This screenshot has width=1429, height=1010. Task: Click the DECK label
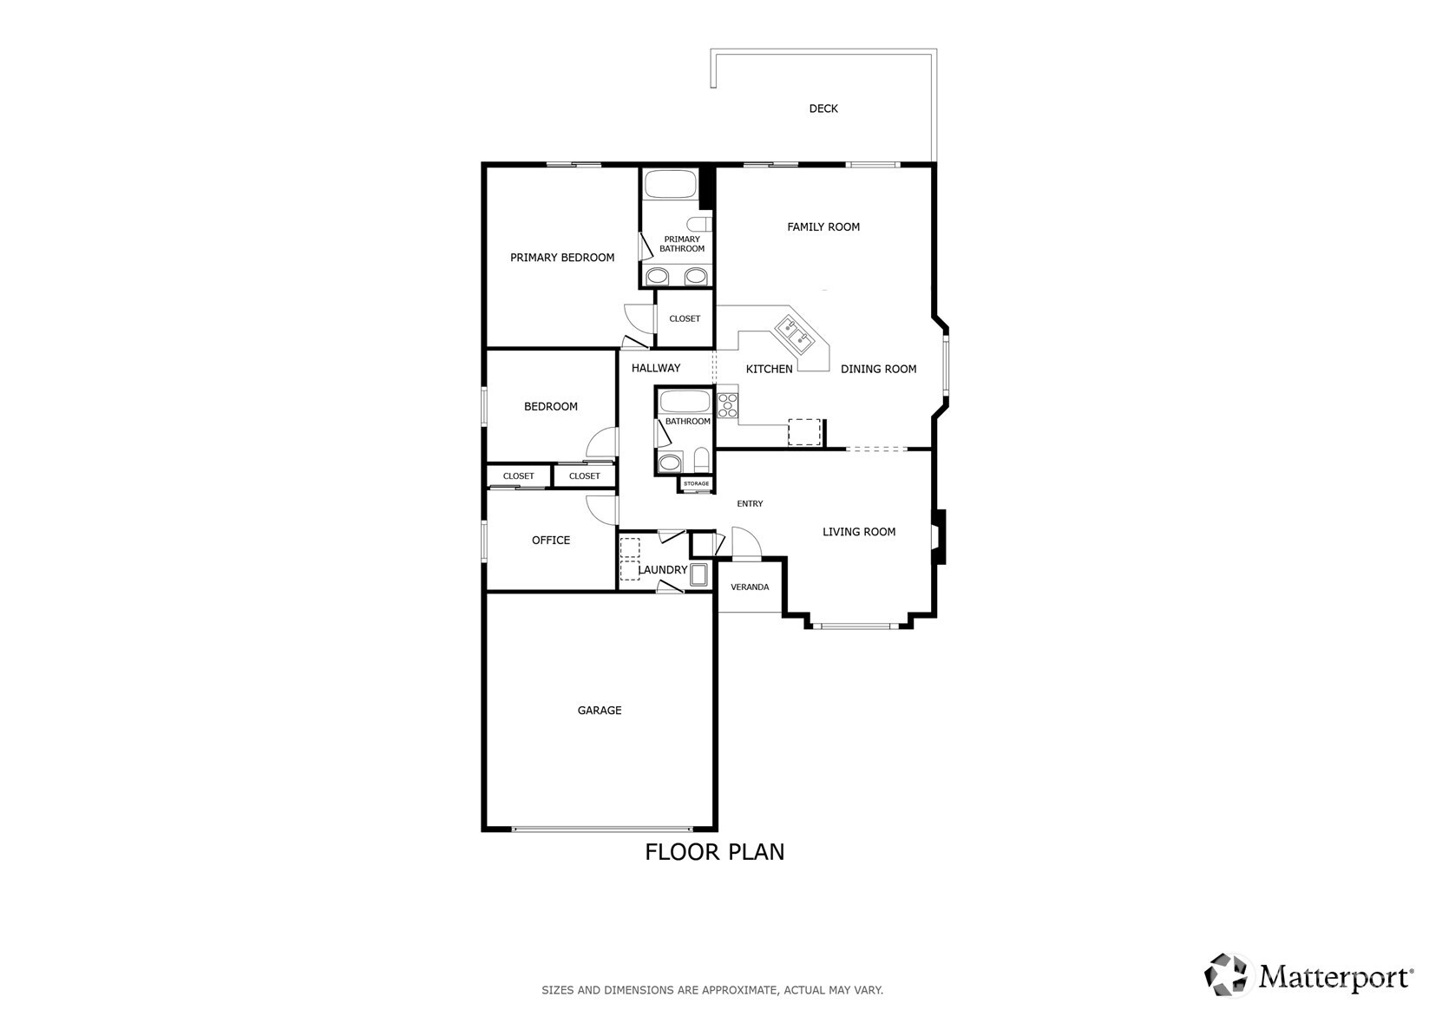tap(823, 108)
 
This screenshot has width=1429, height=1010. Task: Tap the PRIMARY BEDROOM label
tap(562, 258)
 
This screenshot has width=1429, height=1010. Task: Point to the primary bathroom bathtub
tap(670, 185)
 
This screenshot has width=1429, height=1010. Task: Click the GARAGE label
tap(600, 711)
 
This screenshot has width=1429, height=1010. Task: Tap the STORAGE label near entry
tap(696, 483)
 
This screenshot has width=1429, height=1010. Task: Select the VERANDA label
tap(750, 587)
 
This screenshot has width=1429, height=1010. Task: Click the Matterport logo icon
tap(1227, 974)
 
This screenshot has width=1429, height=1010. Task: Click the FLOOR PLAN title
tap(714, 852)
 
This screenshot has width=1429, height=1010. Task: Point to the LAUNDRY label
tap(663, 570)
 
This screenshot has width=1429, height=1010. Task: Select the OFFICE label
tap(551, 541)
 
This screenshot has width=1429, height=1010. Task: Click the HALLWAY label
tap(656, 368)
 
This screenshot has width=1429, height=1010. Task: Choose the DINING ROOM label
tap(878, 369)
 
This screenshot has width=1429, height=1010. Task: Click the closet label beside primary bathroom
tap(685, 318)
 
